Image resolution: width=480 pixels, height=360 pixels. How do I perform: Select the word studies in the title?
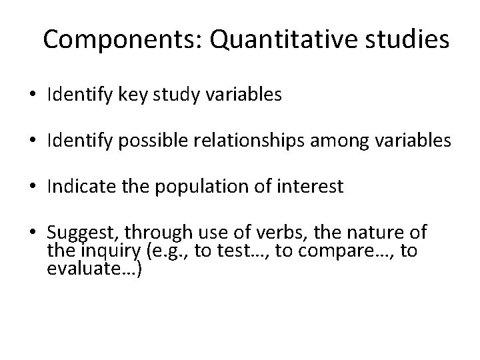407,40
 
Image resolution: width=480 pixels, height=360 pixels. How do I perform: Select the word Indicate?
79,188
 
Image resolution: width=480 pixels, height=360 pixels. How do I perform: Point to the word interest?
313,188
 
